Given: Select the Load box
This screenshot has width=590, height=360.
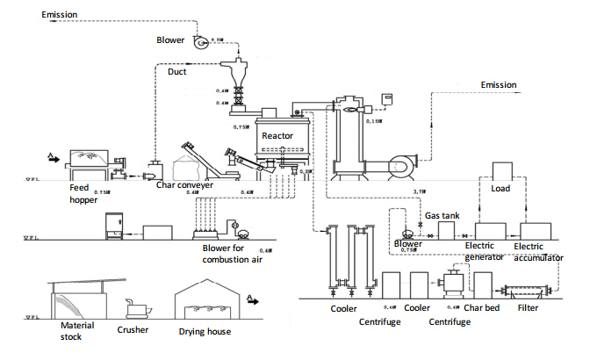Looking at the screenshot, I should point(501,188).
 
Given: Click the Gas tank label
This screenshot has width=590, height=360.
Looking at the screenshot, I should point(442,215).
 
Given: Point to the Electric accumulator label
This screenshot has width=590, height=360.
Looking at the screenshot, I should point(538,253).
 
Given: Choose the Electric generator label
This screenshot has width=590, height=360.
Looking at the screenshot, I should point(484,253).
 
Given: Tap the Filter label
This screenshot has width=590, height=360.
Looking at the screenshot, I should point(529,308).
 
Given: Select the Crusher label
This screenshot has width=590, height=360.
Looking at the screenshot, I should point(133,330).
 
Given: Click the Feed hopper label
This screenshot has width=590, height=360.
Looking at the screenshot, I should point(82,194).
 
